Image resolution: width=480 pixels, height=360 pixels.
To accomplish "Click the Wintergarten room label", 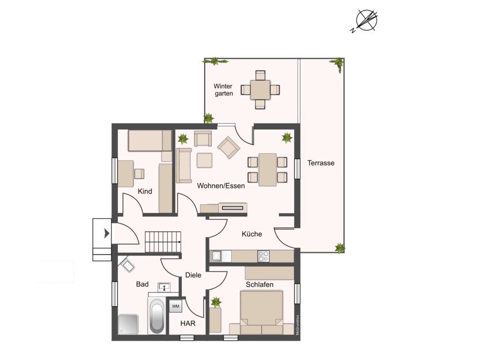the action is point(223,90).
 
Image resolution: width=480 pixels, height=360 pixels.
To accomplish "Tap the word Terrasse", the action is point(321,163).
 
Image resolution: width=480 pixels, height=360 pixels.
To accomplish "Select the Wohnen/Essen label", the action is point(221,186).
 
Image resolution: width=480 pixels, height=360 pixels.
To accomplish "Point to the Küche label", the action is point(252,234).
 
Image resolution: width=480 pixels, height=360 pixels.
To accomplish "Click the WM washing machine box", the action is point(176,306).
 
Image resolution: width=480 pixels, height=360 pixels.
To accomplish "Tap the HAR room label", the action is point(187,323).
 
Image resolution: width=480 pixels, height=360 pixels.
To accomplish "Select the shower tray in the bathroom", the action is point(128,324).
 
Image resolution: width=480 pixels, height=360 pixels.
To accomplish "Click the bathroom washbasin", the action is point(165,287).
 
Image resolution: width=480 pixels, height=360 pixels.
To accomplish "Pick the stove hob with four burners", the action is point(263,256).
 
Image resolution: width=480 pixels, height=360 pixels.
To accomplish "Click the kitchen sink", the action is point(217,256).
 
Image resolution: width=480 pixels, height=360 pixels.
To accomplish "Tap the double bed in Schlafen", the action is point(262,312).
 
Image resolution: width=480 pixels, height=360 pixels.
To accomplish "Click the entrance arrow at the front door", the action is point(106,233).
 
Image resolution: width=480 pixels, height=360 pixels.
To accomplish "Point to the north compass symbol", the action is point(366,21).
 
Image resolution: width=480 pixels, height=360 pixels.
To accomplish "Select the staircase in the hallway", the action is point(163,242).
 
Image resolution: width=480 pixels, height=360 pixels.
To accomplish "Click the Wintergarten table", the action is point(260,90).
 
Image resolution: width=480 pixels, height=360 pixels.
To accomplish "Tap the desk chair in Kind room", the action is point(139,173).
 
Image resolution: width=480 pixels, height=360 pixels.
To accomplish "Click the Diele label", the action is point(193,275).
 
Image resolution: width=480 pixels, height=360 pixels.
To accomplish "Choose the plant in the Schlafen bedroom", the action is point(216,302).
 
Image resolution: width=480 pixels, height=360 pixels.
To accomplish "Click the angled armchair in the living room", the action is point(229,147).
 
